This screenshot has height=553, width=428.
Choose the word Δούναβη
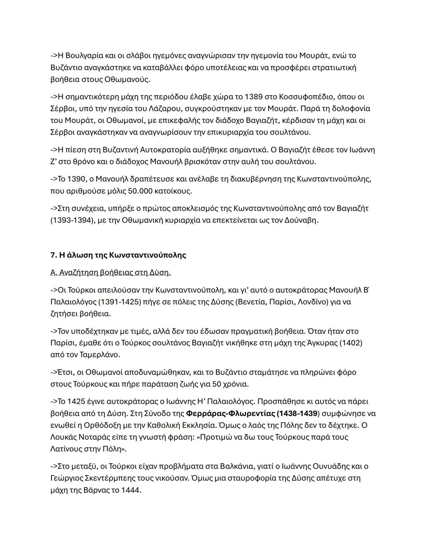(301, 220)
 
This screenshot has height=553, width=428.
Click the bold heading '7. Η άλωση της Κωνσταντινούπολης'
(118, 255)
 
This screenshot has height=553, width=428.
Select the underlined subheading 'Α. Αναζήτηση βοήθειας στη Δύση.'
(111, 273)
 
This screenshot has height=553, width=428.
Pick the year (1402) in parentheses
(350, 343)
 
